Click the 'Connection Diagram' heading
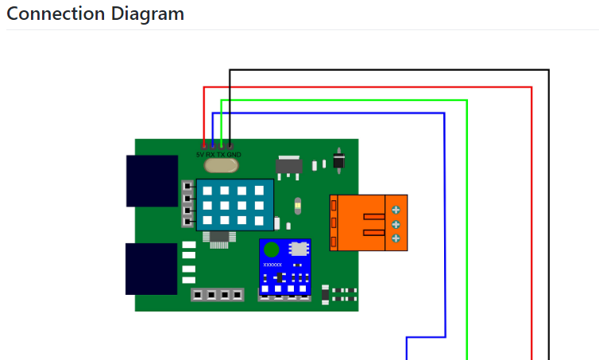coord(95,14)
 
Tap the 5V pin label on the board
coord(200,154)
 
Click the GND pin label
coord(234,154)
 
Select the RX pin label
coord(211,154)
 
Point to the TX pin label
coord(221,154)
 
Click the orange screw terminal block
coord(368,223)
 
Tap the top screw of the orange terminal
coord(396,210)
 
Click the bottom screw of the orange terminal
coord(396,238)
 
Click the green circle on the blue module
coord(272,250)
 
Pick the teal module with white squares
coord(234,205)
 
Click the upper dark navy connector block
coord(152,181)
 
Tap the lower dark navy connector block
coord(151,269)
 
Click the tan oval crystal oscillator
coord(221,165)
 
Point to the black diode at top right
coord(339,161)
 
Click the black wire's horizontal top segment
coord(389,70)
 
